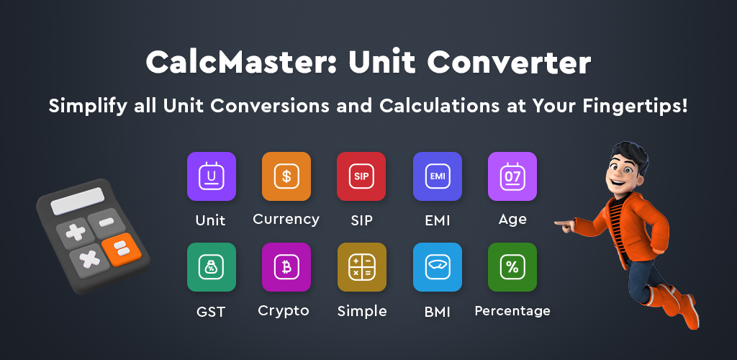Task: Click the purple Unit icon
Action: (212, 176)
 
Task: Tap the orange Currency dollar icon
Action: (286, 176)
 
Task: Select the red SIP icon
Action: (361, 176)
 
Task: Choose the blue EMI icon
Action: (438, 176)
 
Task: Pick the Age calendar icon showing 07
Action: (512, 176)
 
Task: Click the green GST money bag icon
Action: (212, 267)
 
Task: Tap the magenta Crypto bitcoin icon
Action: (286, 267)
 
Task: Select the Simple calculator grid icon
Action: (362, 267)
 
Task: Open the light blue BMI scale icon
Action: (438, 267)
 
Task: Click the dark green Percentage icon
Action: (512, 267)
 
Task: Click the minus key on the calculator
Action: (107, 222)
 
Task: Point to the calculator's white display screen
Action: (77, 201)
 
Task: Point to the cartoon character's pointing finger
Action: (560, 223)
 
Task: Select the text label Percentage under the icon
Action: (512, 311)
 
